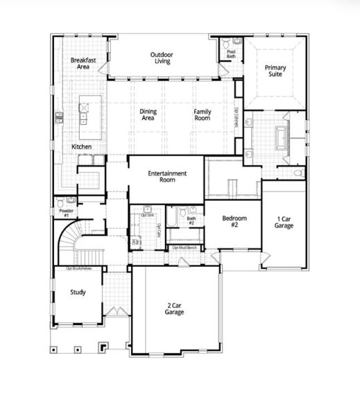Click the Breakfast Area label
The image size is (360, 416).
tap(82, 64)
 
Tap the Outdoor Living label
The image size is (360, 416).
tap(162, 58)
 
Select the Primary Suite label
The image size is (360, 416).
tap(275, 71)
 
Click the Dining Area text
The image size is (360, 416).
tap(148, 114)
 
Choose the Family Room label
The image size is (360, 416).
tap(202, 114)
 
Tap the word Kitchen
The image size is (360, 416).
tap(82, 147)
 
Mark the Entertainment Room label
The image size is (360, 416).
tap(166, 176)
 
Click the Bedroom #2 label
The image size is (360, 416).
tap(230, 221)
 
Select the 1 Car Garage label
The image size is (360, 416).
tap(284, 221)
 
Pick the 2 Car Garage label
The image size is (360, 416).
tap(174, 309)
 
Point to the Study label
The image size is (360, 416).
tap(78, 292)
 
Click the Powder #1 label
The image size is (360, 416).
tap(67, 212)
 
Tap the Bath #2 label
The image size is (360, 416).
tap(191, 221)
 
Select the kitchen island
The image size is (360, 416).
tap(87, 112)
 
